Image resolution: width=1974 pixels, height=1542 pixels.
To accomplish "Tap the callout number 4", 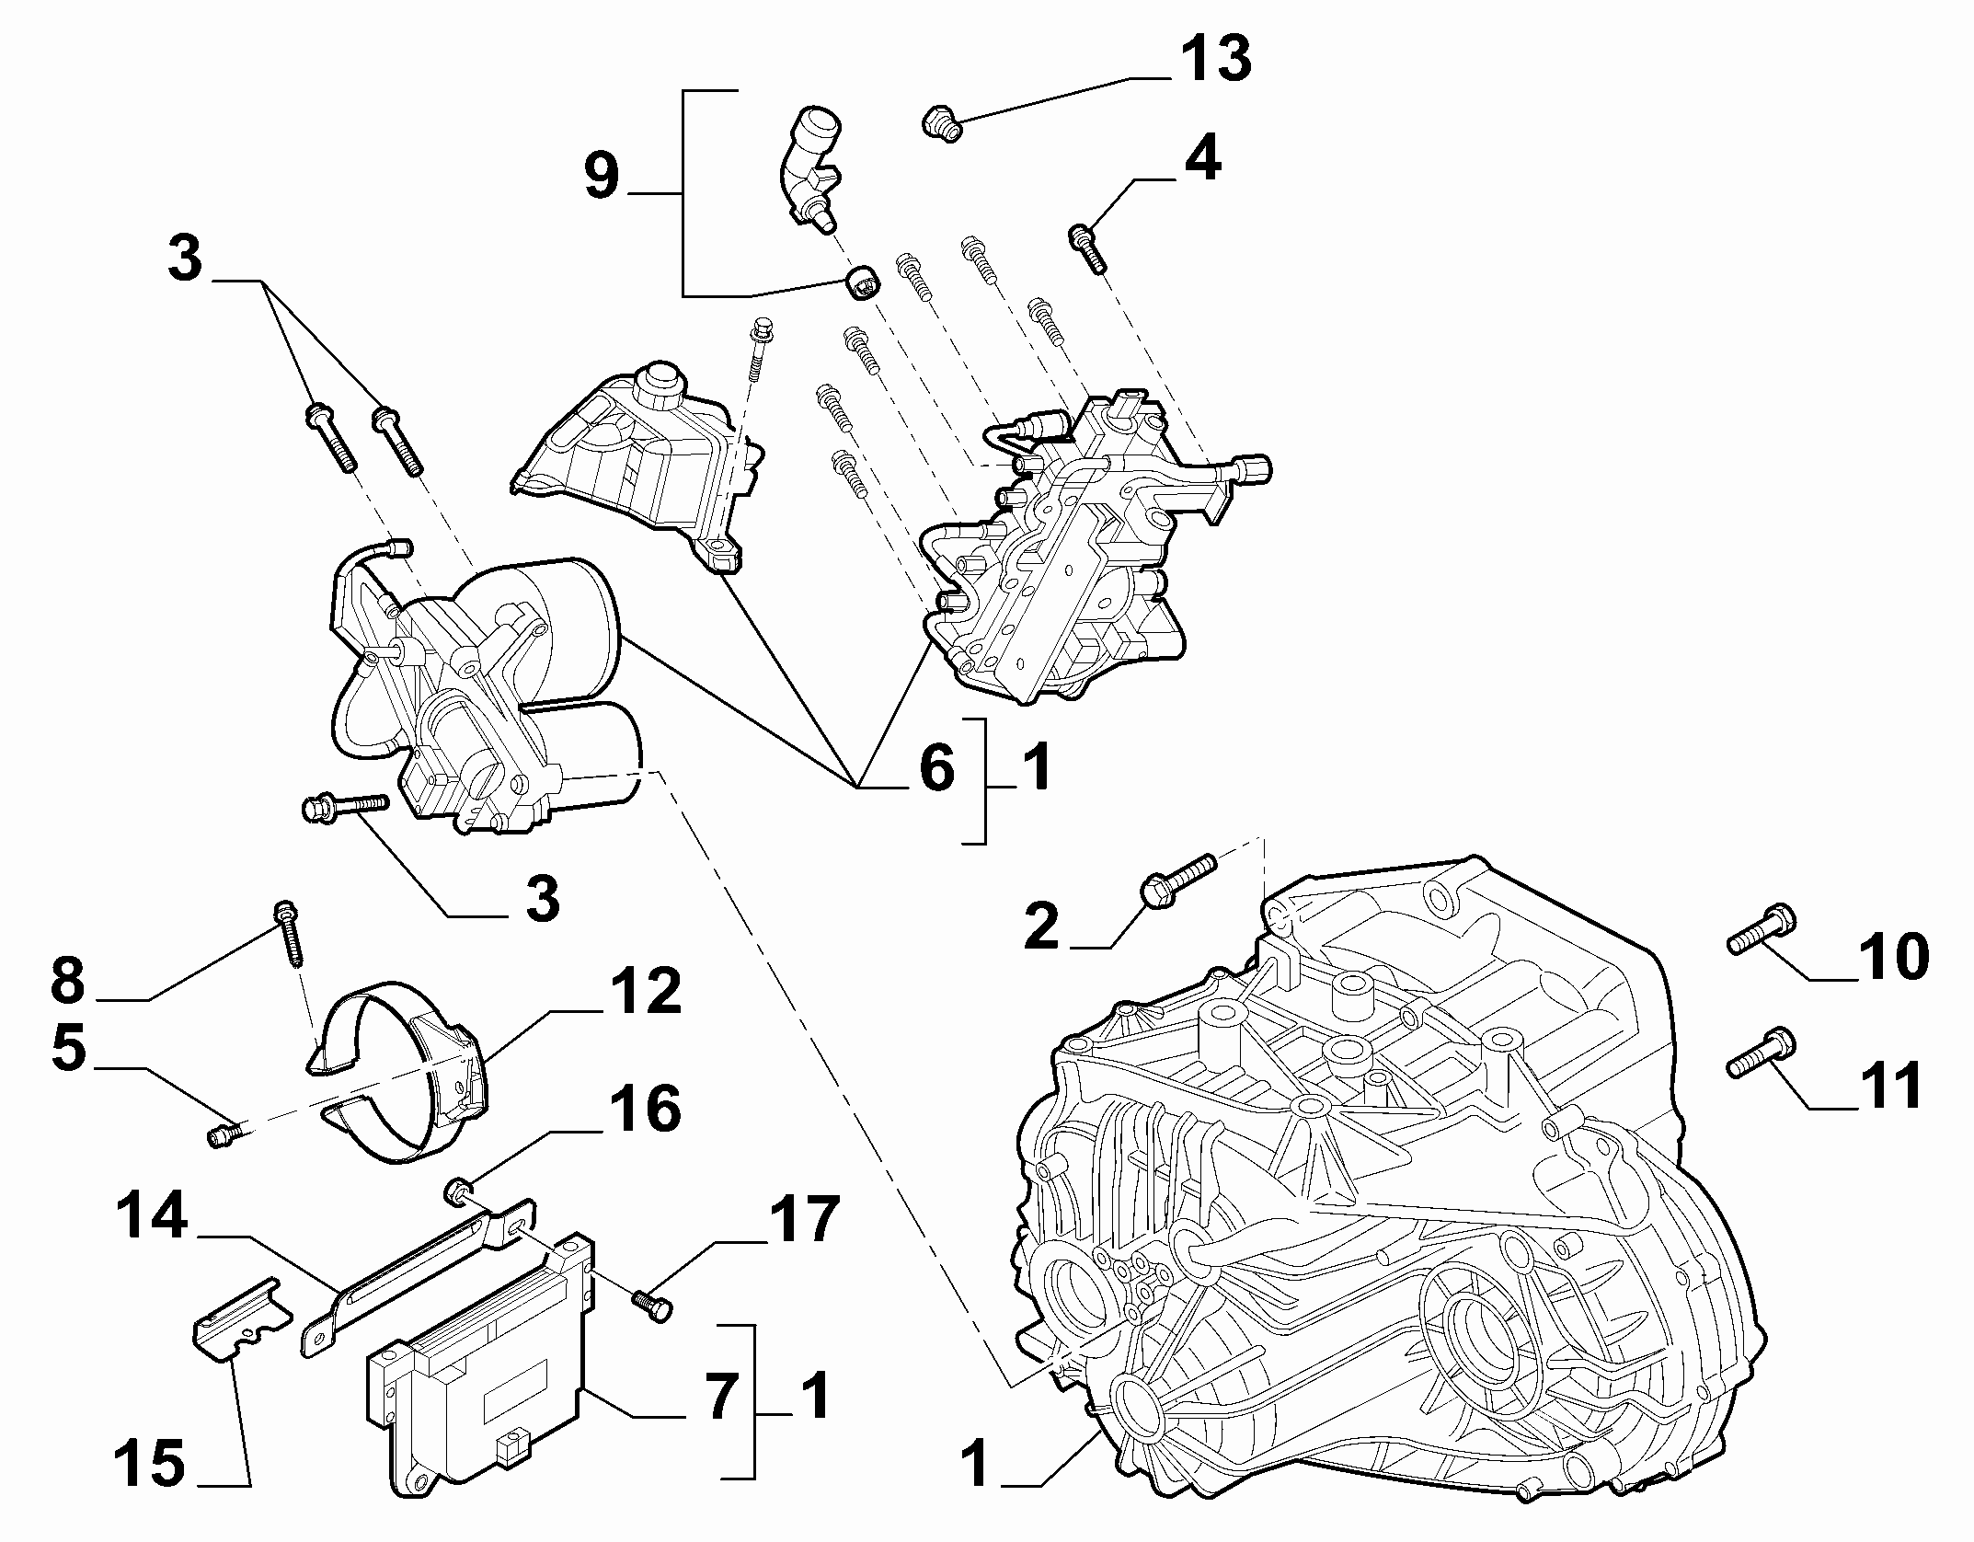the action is point(1201,158).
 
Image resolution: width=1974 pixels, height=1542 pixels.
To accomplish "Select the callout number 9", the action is point(602,176).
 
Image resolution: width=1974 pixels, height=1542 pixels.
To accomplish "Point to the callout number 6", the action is point(936,767).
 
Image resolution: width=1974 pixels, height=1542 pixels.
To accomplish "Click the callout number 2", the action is point(1041,926).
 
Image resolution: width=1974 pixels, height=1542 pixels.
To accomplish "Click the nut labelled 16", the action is point(457,1192).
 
